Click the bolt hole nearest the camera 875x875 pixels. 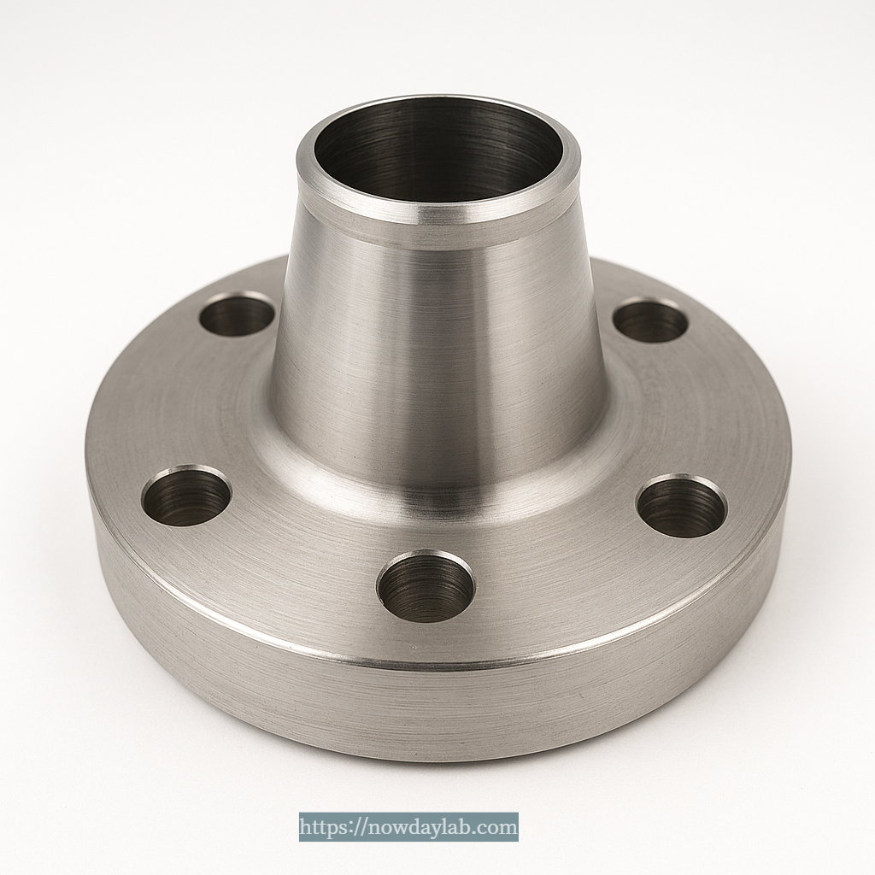point(426,586)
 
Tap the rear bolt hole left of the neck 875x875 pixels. point(237,314)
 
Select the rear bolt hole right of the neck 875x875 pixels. point(650,321)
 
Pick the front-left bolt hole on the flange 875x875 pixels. point(186,496)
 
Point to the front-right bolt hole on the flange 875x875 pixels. point(682,506)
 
